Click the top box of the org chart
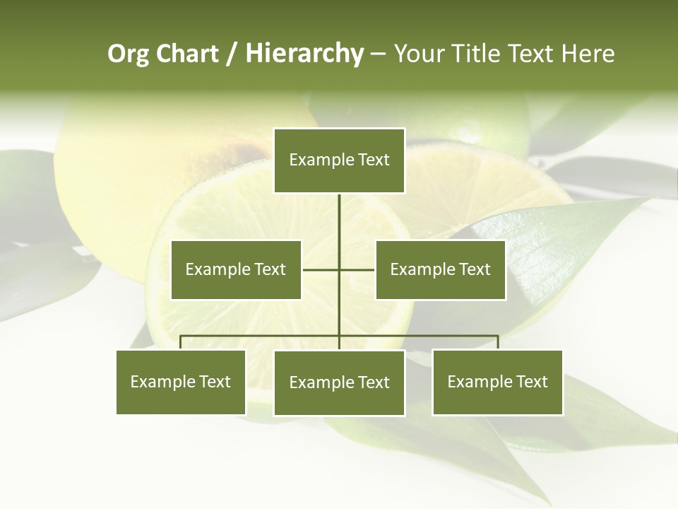(339, 160)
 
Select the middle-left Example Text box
(236, 269)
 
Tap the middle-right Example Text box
(440, 269)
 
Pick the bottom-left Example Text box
(181, 382)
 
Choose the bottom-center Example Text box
(339, 382)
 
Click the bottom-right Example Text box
(497, 382)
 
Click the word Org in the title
(128, 54)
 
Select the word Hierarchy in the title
(304, 54)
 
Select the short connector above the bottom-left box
(181, 342)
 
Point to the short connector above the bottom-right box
(498, 342)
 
